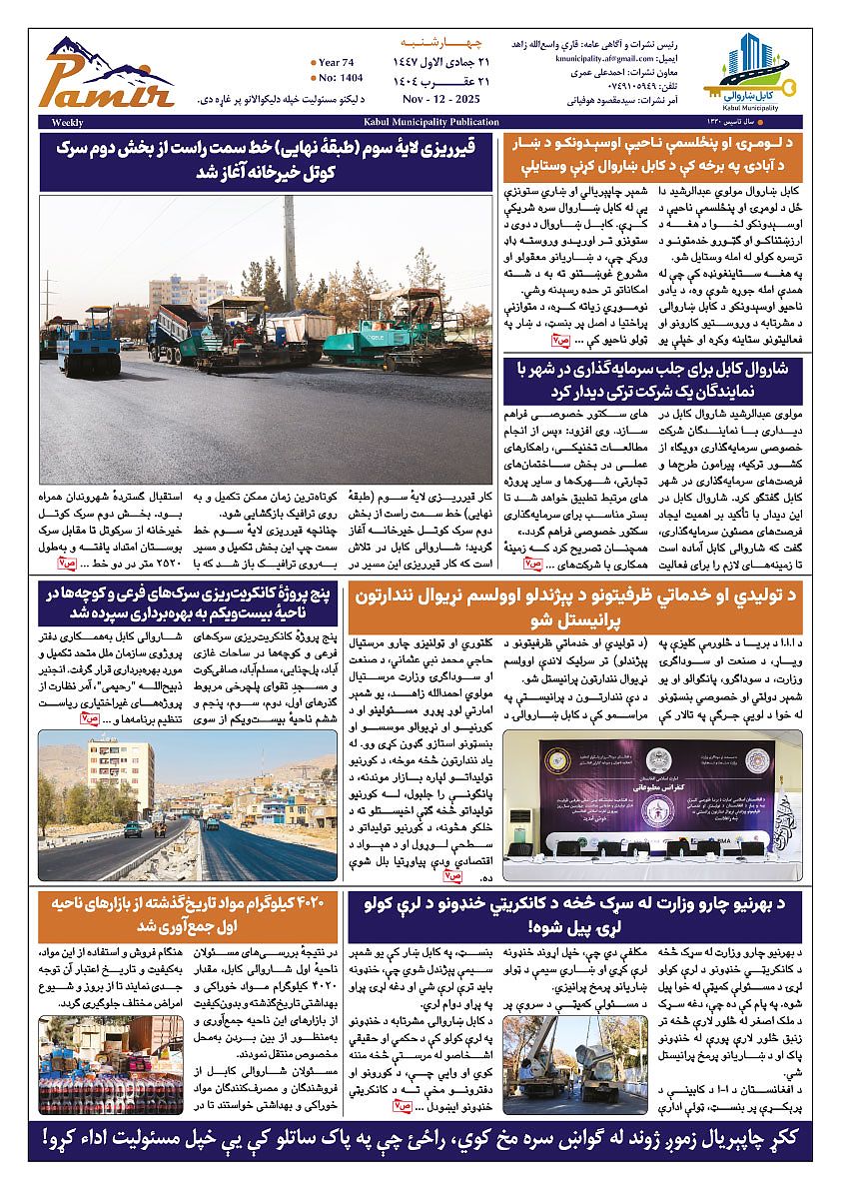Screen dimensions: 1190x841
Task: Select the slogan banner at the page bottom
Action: coord(420,1138)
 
